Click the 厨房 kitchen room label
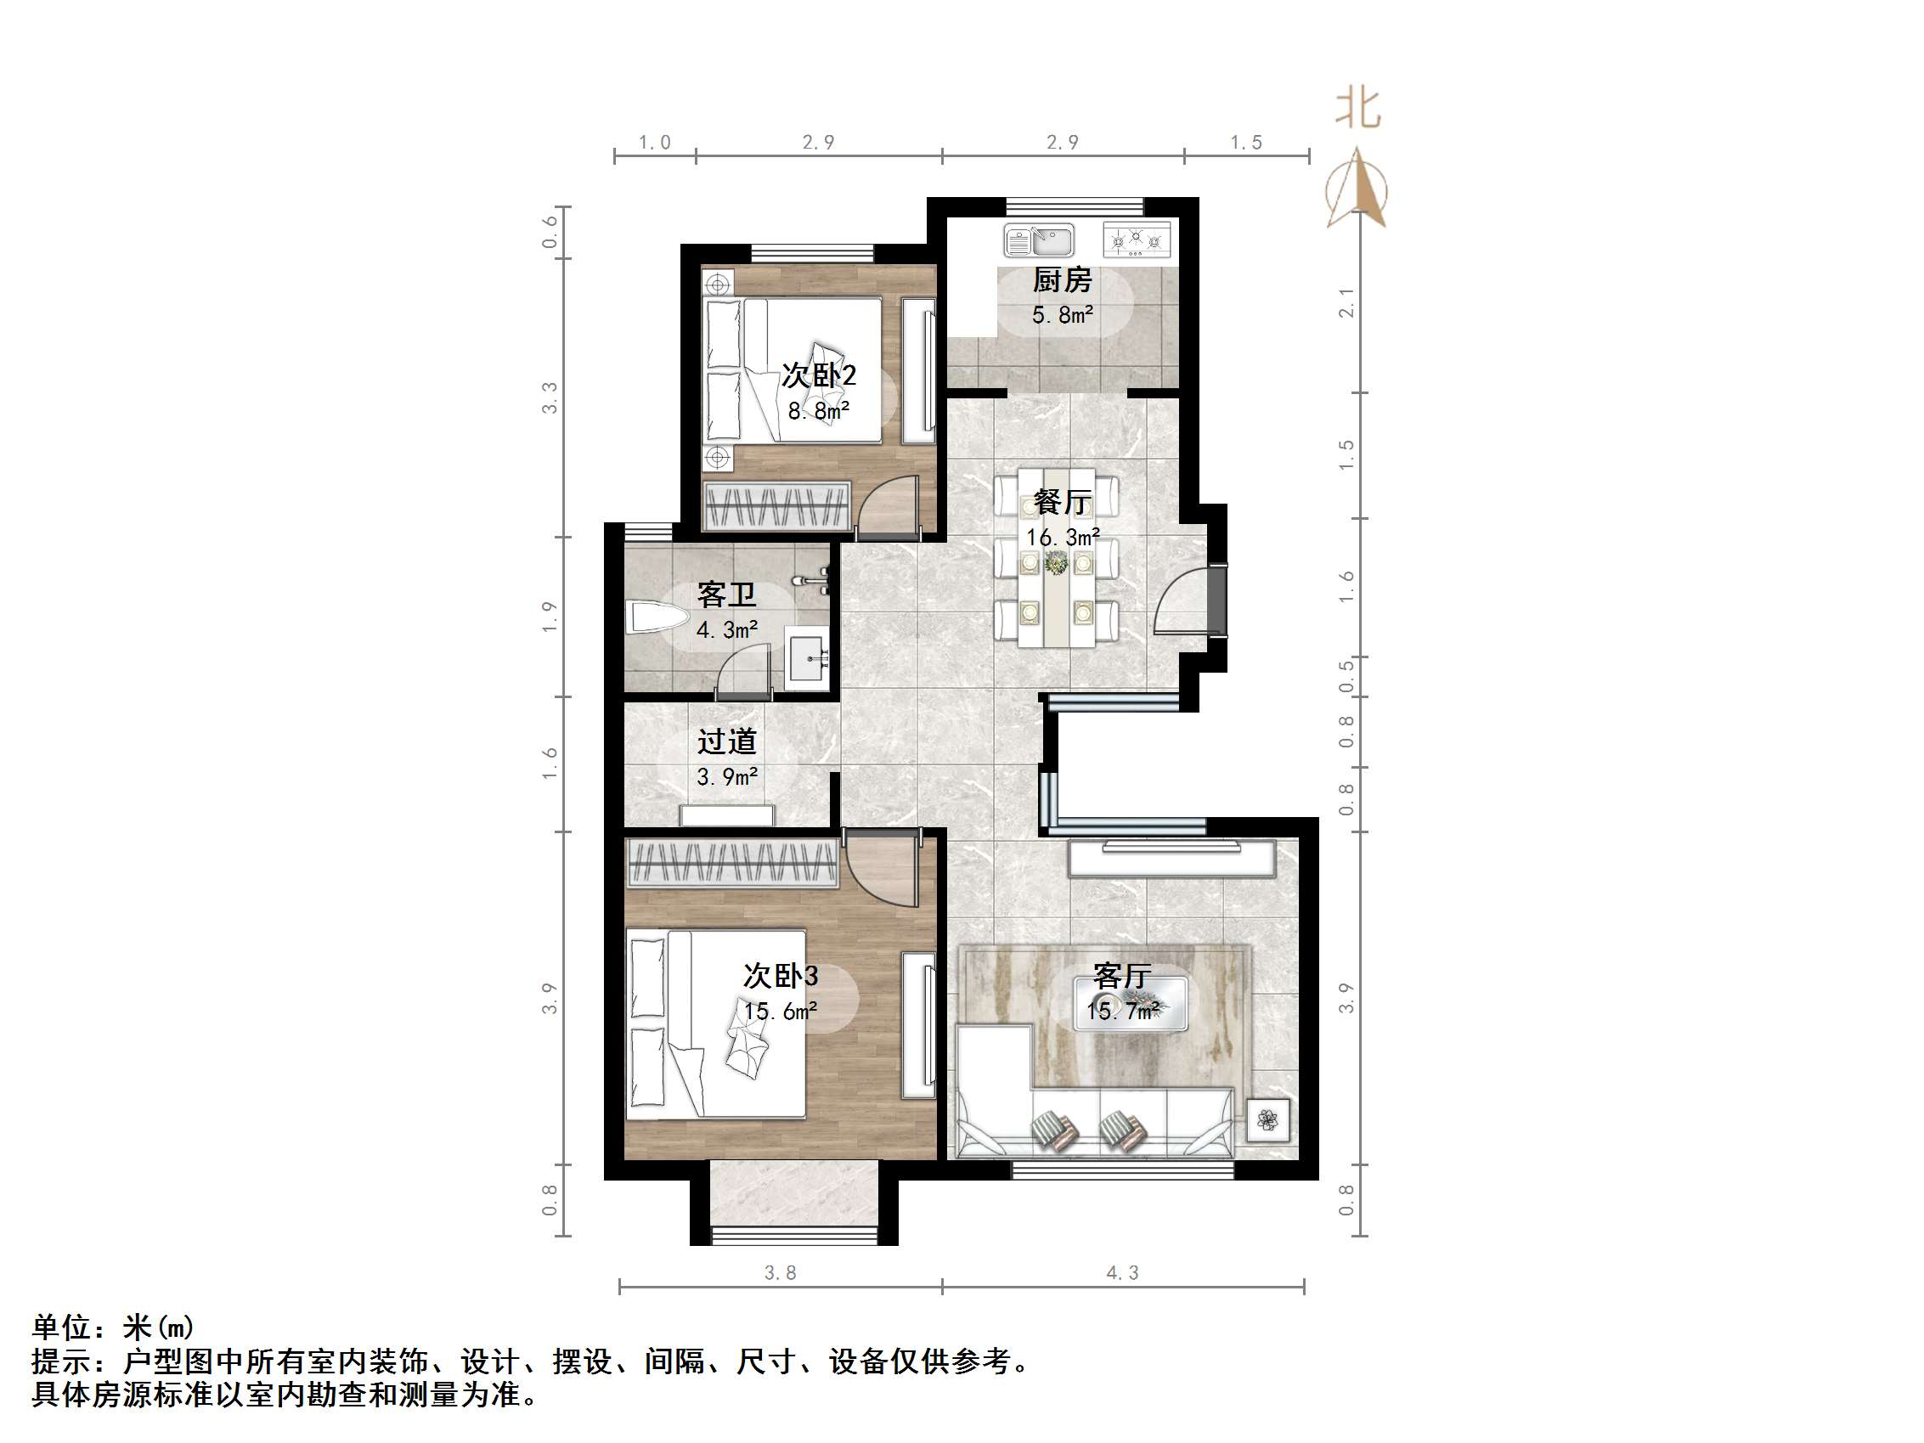pyautogui.click(x=1061, y=280)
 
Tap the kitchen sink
pyautogui.click(x=1040, y=240)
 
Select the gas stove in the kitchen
pyautogui.click(x=1136, y=240)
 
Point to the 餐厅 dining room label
pyautogui.click(x=1062, y=502)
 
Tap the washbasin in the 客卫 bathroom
pyautogui.click(x=808, y=659)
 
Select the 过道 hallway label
pyautogui.click(x=726, y=741)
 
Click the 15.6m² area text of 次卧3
pyautogui.click(x=780, y=1011)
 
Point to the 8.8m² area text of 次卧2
pyautogui.click(x=819, y=410)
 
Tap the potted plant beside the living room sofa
pyautogui.click(x=1267, y=1120)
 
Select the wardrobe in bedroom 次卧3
pyautogui.click(x=732, y=863)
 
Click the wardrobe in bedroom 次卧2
pyautogui.click(x=776, y=505)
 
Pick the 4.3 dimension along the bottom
pyautogui.click(x=1122, y=1272)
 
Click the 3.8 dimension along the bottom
pyautogui.click(x=780, y=1272)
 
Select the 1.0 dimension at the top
pyautogui.click(x=654, y=143)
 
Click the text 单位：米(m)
pyautogui.click(x=113, y=1327)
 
